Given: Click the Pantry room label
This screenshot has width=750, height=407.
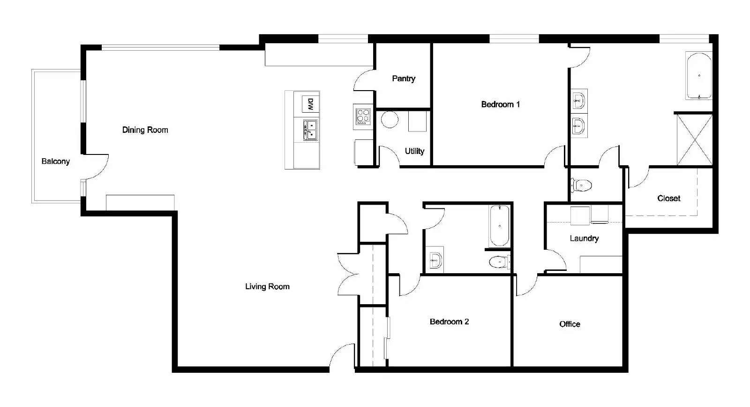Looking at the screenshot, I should [x=404, y=78].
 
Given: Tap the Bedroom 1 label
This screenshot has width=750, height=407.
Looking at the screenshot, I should [x=500, y=104].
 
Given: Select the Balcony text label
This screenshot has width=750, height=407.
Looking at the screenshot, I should [x=55, y=161].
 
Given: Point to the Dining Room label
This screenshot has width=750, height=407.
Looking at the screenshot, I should [x=145, y=130].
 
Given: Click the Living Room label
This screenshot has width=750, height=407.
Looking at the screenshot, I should [x=267, y=286].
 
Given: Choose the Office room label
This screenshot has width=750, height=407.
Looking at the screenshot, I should [x=570, y=324].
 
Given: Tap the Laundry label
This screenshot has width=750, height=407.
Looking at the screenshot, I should [x=584, y=238].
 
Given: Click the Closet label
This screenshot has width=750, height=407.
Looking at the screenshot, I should [x=669, y=198].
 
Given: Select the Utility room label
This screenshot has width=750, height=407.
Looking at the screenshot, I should [x=414, y=151].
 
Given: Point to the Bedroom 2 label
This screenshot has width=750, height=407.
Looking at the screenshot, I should [x=449, y=322].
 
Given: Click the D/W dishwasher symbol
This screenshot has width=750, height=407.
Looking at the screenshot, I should [x=310, y=104].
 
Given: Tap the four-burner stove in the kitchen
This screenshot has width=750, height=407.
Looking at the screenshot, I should [x=362, y=116].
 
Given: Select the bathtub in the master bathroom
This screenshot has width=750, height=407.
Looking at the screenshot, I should [x=698, y=76].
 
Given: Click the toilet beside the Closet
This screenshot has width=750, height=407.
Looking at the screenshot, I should [x=582, y=185].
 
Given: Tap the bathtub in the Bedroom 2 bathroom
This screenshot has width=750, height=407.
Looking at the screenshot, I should [x=499, y=226].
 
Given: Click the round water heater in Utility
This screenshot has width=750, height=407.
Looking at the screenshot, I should [x=389, y=120].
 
